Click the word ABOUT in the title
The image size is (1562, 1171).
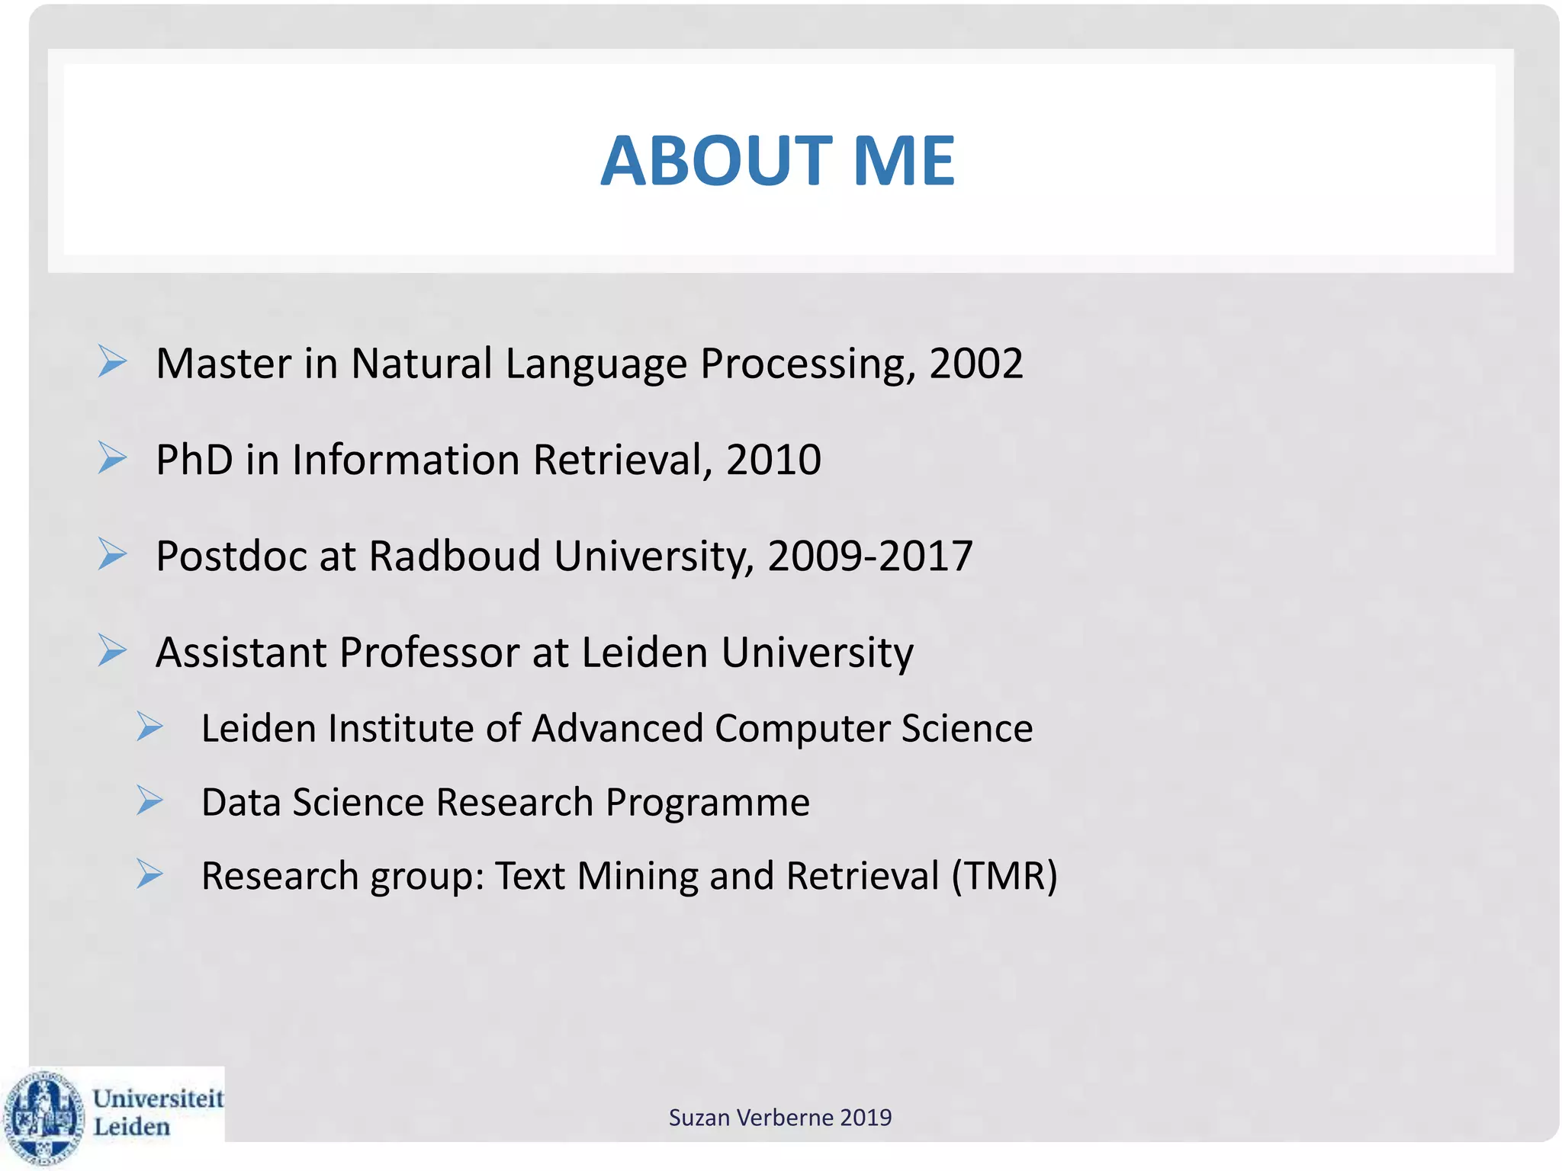tap(715, 161)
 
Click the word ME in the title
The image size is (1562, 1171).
tap(903, 161)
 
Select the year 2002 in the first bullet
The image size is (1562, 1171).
tap(975, 364)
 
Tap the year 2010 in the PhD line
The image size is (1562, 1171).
tap(773, 460)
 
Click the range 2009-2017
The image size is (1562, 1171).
tap(869, 556)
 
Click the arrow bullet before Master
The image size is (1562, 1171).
tap(112, 361)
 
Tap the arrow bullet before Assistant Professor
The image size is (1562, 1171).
tap(112, 650)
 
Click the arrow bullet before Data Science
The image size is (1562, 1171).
tap(149, 800)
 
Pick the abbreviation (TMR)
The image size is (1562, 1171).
tap(1004, 876)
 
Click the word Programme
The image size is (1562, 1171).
tap(707, 803)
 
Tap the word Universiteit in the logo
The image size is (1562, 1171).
tap(158, 1099)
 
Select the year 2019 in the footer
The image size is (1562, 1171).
tap(866, 1118)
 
